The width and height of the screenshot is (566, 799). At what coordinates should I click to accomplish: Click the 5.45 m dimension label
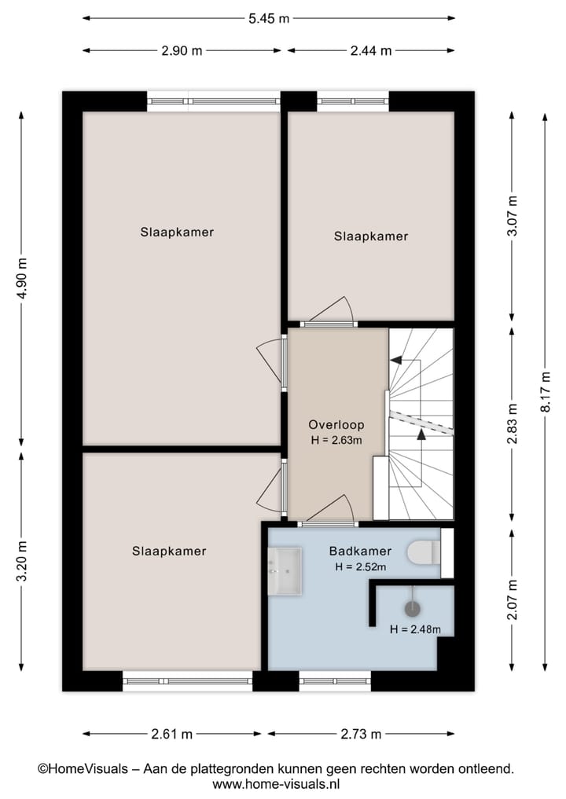pyautogui.click(x=268, y=17)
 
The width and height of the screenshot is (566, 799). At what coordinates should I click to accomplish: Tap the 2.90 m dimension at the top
pyautogui.click(x=182, y=50)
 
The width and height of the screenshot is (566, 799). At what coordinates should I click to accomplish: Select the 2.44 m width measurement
pyautogui.click(x=370, y=50)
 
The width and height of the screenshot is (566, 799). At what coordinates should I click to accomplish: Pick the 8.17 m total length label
pyautogui.click(x=545, y=392)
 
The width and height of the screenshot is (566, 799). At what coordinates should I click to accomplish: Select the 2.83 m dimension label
pyautogui.click(x=513, y=423)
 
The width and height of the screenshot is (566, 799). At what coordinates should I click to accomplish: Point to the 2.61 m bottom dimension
pyautogui.click(x=171, y=735)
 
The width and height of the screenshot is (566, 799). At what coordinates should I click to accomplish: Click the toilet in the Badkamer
pyautogui.click(x=424, y=552)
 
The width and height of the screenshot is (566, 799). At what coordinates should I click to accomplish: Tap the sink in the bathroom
pyautogui.click(x=285, y=572)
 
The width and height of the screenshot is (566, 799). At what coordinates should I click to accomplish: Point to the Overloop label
pyautogui.click(x=336, y=425)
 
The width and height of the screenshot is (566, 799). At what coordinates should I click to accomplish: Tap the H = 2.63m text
pyautogui.click(x=336, y=440)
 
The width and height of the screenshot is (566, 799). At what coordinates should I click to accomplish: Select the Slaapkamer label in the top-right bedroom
pyautogui.click(x=371, y=236)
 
